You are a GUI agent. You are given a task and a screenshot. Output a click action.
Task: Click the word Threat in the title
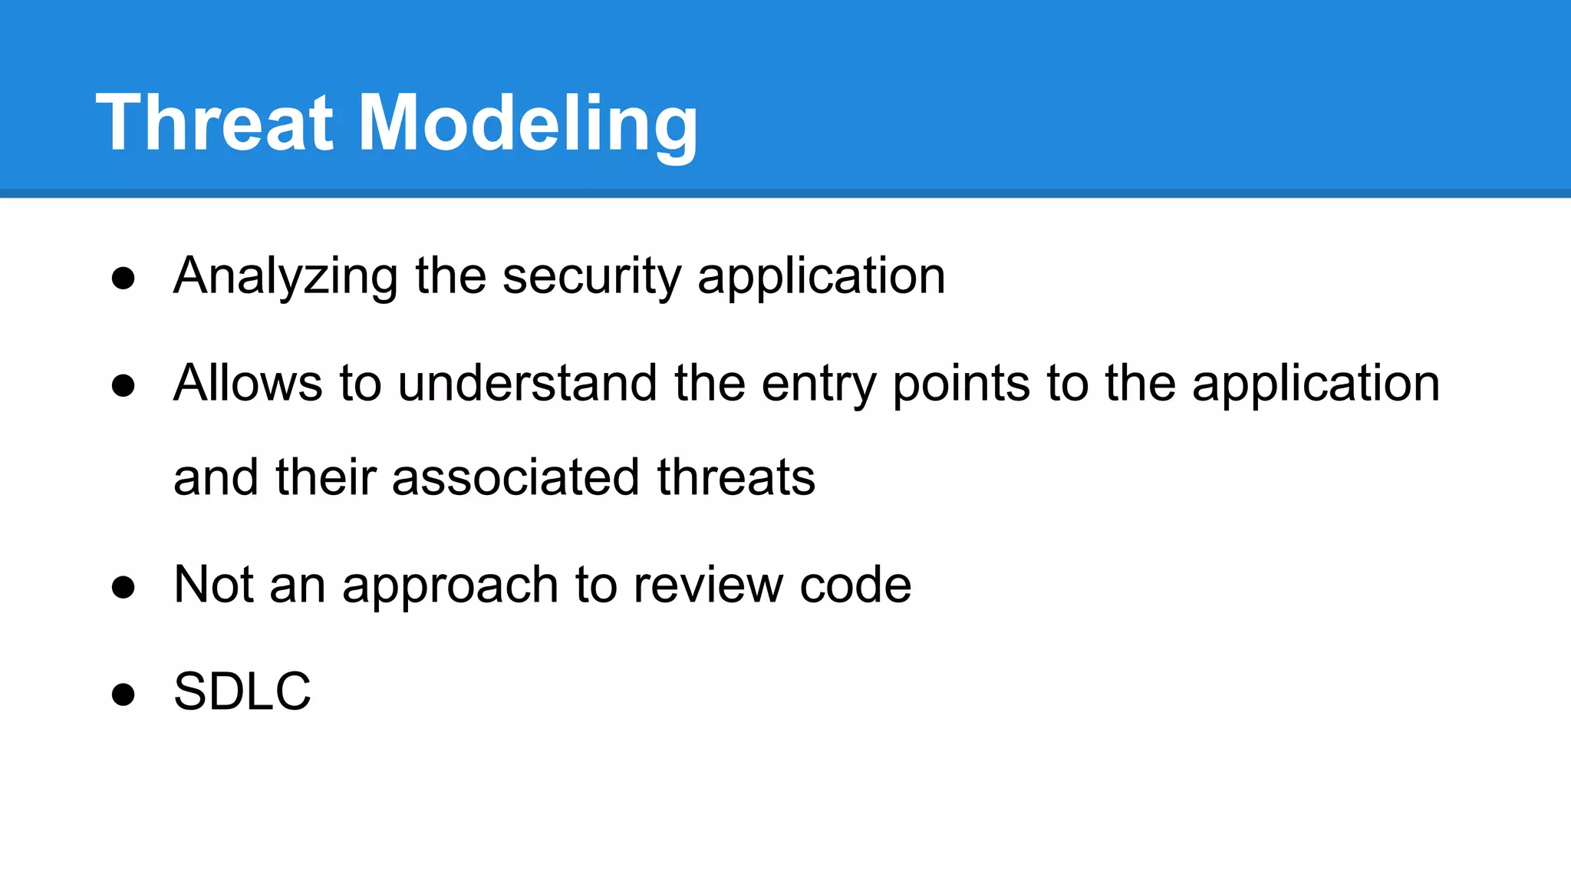click(215, 123)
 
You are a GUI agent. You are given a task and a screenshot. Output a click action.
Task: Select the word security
click(591, 276)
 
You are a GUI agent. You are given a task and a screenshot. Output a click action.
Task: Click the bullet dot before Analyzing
click(124, 278)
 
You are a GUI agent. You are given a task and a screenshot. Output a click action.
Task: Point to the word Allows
click(248, 383)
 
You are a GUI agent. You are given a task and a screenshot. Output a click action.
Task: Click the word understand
click(528, 383)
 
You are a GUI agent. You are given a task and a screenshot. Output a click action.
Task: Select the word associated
click(515, 477)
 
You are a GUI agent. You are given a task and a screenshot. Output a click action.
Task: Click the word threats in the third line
click(736, 477)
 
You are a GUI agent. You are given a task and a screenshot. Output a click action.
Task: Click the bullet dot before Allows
click(124, 385)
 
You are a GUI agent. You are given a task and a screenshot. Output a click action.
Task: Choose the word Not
click(213, 585)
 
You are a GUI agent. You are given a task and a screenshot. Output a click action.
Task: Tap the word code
click(855, 585)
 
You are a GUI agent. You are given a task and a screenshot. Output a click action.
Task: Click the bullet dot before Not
click(124, 587)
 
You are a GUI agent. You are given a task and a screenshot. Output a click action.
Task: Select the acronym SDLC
click(242, 691)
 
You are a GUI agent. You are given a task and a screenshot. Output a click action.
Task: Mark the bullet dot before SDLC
click(124, 694)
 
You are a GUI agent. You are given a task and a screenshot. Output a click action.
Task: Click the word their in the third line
click(325, 477)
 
